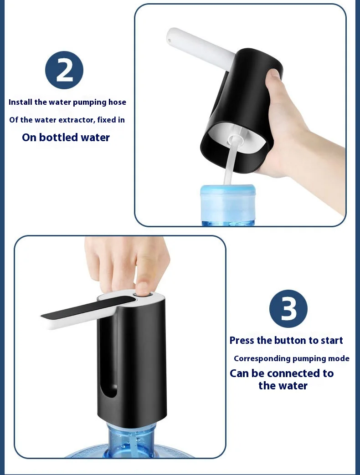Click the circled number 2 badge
[64, 70]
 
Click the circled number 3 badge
[288, 309]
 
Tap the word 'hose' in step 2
[117, 102]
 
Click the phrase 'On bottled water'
[66, 138]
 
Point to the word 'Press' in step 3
[242, 340]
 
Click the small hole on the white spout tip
[170, 40]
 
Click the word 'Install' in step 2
[21, 102]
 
